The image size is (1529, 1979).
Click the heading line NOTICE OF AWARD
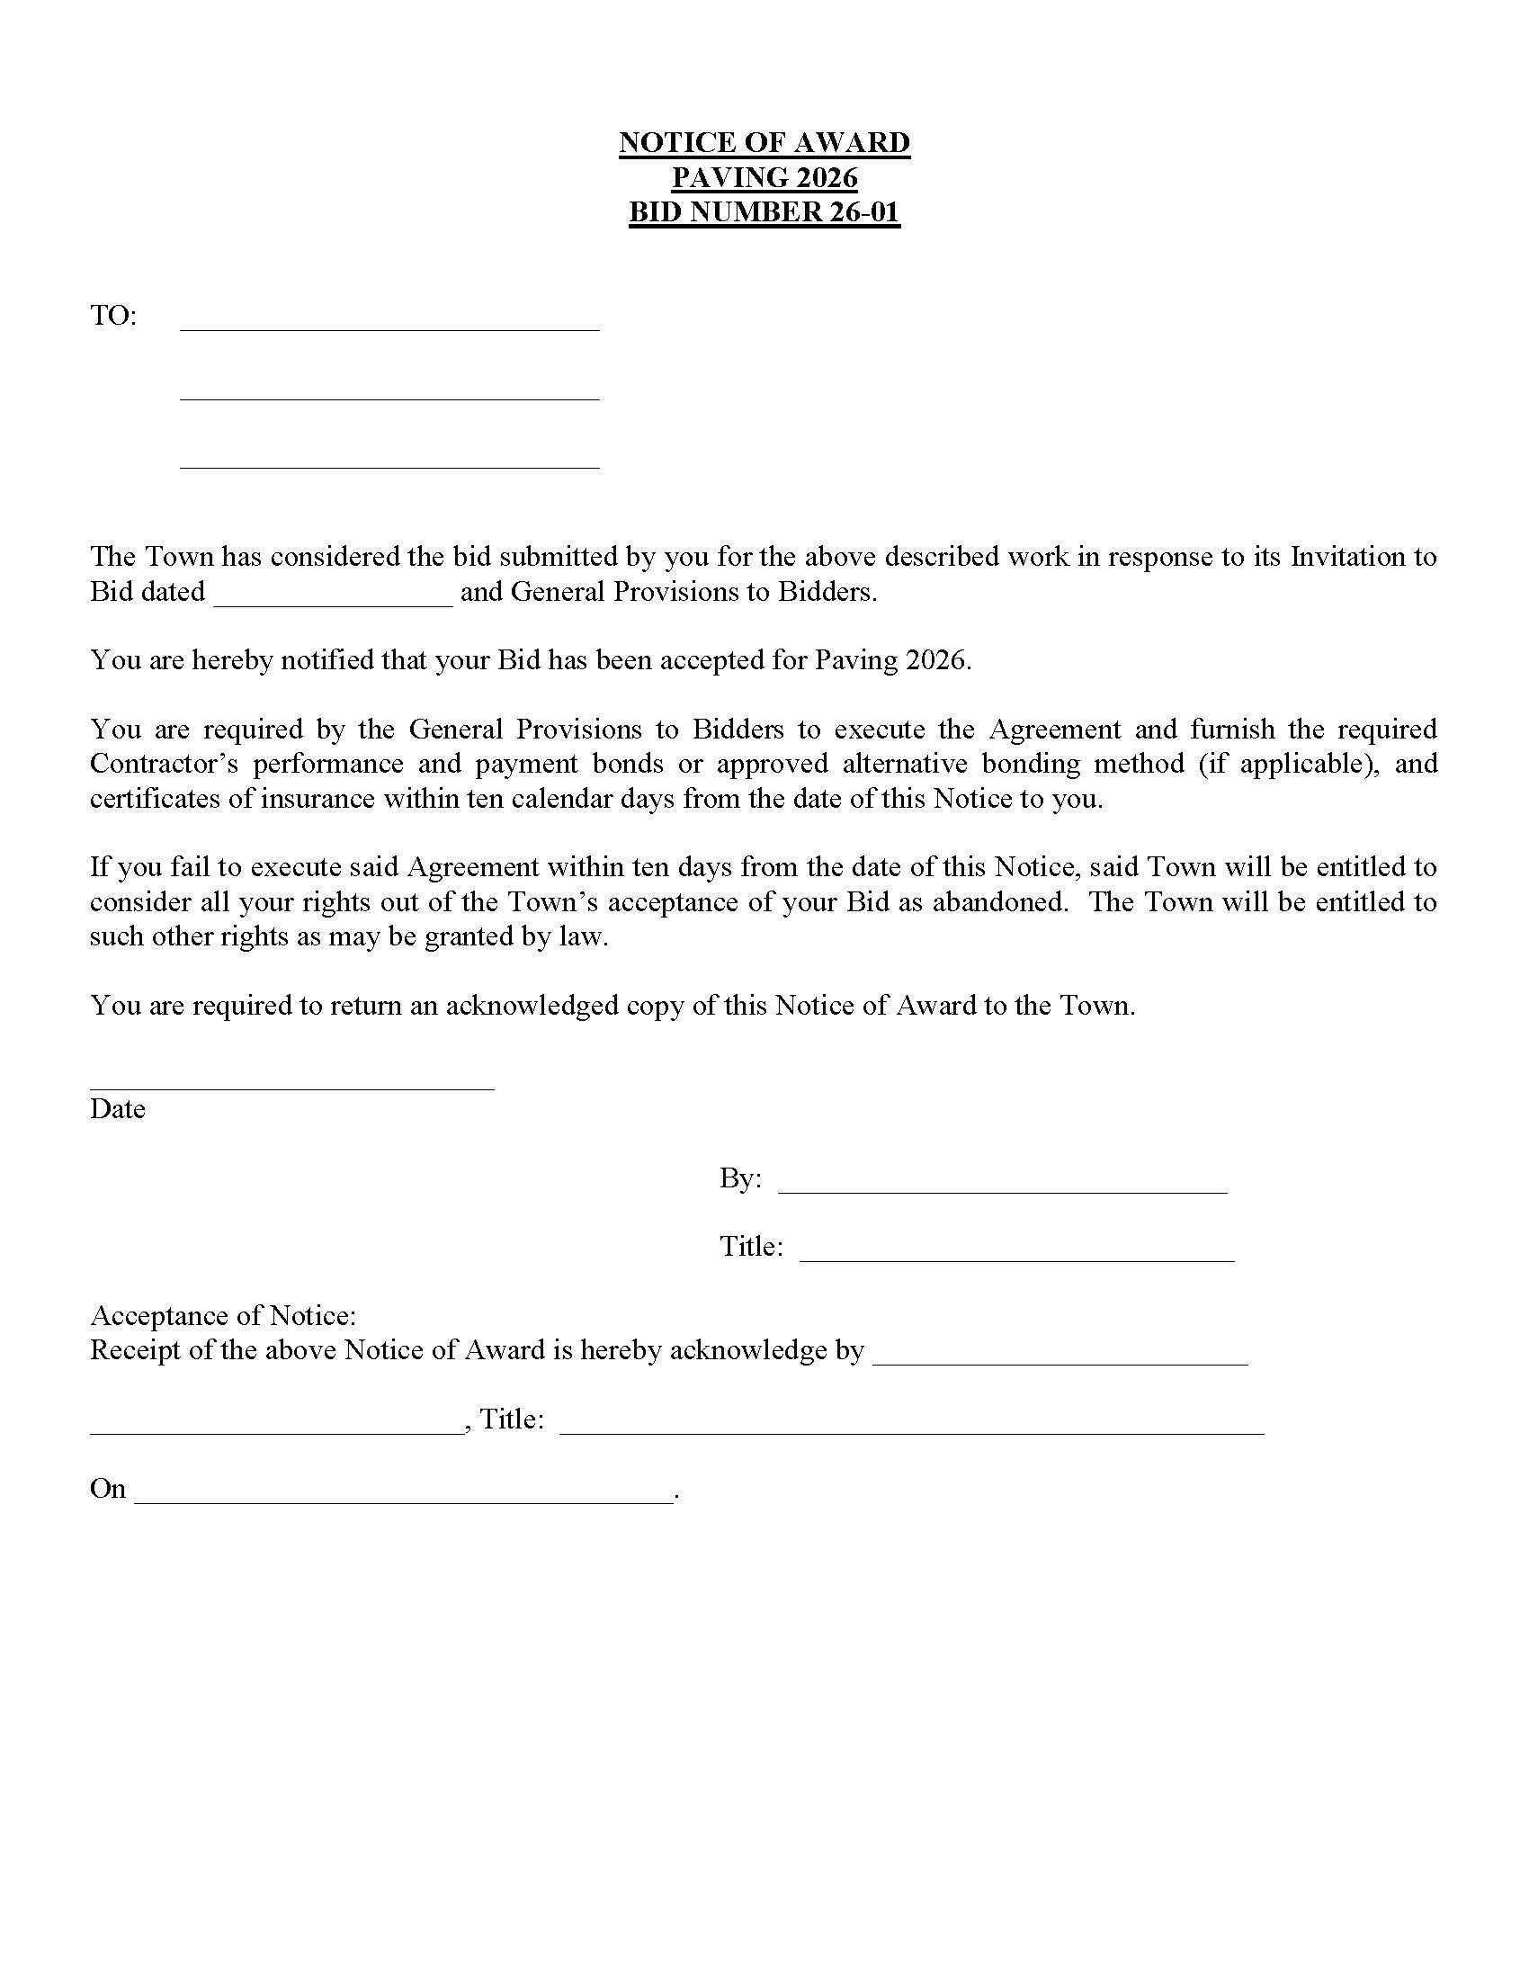pos(764,142)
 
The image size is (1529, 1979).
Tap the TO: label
pos(113,317)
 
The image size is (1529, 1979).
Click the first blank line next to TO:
pos(389,322)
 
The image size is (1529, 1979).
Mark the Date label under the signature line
pos(118,1109)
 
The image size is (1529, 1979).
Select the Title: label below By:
pos(751,1247)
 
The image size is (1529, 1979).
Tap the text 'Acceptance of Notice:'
pos(223,1316)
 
